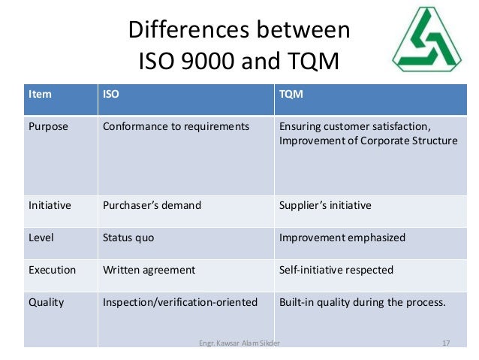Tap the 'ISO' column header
[110, 95]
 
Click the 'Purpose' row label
[48, 126]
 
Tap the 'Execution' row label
[52, 270]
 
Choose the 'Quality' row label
[46, 303]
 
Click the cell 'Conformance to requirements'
[175, 126]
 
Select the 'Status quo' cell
[128, 237]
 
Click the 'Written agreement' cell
[149, 270]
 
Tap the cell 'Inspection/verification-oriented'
[179, 303]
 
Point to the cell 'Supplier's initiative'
[325, 204]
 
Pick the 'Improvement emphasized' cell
[342, 237]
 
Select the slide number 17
[446, 343]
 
